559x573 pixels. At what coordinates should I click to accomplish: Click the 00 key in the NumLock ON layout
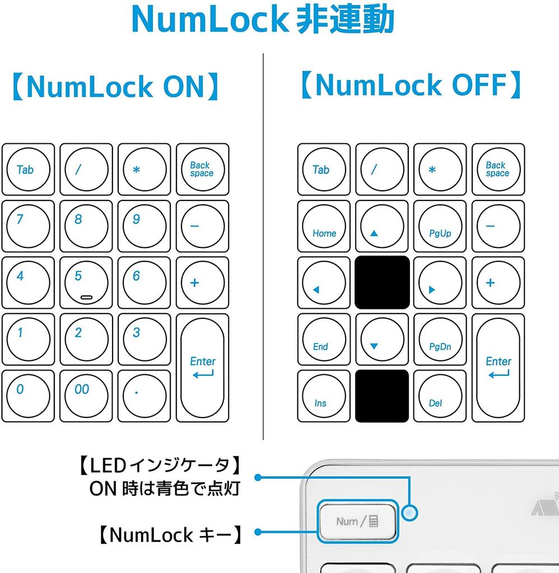[86, 396]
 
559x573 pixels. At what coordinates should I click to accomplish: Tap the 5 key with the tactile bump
[86, 283]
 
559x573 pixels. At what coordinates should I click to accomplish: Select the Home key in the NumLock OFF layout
[324, 226]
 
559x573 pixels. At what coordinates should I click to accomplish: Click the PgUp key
[440, 226]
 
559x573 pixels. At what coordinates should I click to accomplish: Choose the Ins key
[324, 396]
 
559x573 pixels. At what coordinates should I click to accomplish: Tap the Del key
[440, 396]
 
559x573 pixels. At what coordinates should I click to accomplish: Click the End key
[324, 339]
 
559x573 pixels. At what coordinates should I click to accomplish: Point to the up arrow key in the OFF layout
[382, 226]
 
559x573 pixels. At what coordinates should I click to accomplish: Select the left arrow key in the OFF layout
[324, 283]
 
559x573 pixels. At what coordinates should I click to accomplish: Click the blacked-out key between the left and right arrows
[382, 283]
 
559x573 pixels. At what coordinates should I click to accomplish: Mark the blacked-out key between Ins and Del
[382, 396]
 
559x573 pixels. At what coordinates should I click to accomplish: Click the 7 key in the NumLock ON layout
[28, 226]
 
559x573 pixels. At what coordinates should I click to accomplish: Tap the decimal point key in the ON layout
[145, 396]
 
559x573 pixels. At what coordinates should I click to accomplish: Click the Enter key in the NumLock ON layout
[202, 367]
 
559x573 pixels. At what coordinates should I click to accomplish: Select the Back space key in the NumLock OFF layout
[498, 170]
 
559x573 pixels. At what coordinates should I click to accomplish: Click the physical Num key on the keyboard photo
[357, 521]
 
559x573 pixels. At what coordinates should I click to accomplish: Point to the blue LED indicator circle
[412, 512]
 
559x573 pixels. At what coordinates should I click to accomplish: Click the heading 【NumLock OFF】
[410, 86]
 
